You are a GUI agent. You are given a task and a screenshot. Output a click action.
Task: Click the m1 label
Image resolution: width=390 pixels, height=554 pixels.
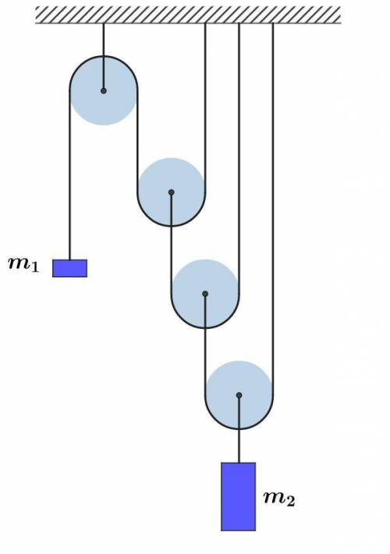(23, 264)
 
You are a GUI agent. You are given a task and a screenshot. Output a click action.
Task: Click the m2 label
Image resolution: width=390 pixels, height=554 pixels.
(279, 498)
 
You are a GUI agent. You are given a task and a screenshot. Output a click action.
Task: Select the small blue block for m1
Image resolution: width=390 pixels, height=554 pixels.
(69, 268)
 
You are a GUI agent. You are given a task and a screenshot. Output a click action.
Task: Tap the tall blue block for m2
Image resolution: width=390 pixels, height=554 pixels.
(239, 496)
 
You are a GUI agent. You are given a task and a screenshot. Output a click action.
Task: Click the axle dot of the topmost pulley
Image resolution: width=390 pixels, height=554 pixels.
(104, 91)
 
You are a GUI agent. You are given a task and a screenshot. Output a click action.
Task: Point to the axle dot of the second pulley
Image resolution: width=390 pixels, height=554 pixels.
(172, 192)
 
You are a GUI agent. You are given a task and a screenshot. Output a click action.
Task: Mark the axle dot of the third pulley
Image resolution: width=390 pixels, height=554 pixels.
(205, 294)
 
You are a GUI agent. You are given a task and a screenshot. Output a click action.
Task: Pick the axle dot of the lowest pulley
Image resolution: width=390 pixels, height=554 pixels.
(239, 395)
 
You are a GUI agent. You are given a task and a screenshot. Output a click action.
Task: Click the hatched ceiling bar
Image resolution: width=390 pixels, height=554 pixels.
(188, 15)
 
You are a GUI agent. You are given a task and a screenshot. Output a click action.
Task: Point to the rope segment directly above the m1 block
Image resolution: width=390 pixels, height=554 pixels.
(69, 175)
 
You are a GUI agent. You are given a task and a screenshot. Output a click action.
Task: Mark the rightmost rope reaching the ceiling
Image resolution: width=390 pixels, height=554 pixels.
(273, 209)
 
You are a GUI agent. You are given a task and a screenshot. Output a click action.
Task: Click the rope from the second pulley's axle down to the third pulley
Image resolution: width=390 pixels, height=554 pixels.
(172, 243)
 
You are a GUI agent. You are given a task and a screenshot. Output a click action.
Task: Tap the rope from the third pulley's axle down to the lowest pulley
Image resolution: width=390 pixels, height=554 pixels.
(205, 344)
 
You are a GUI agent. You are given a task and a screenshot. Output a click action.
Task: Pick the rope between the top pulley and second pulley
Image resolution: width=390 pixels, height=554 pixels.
(137, 141)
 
